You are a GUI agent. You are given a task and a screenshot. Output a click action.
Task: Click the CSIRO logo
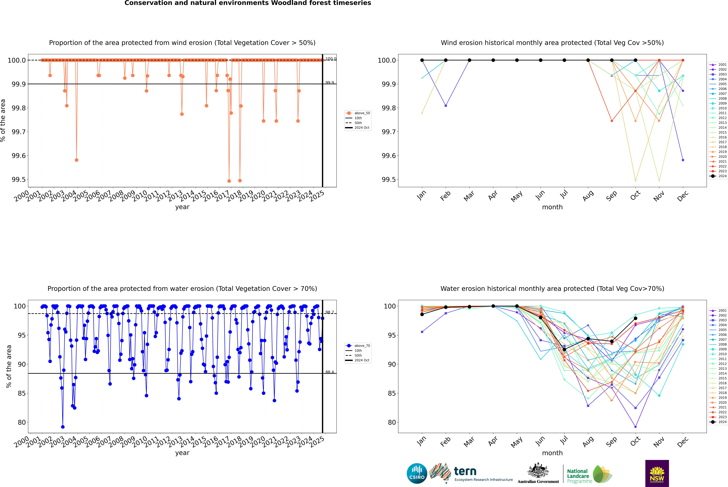pos(417,473)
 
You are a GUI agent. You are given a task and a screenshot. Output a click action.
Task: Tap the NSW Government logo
pos(657,473)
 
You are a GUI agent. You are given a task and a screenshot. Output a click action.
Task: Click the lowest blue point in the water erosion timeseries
pos(63,427)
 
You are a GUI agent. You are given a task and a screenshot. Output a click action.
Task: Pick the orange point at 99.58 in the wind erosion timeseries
pos(77,160)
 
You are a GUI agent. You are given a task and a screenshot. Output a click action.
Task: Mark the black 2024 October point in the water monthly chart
pos(636,318)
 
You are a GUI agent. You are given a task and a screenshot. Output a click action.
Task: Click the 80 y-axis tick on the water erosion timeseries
pos(22,422)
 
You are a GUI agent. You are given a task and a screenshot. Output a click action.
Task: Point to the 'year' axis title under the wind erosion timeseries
pos(182,207)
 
